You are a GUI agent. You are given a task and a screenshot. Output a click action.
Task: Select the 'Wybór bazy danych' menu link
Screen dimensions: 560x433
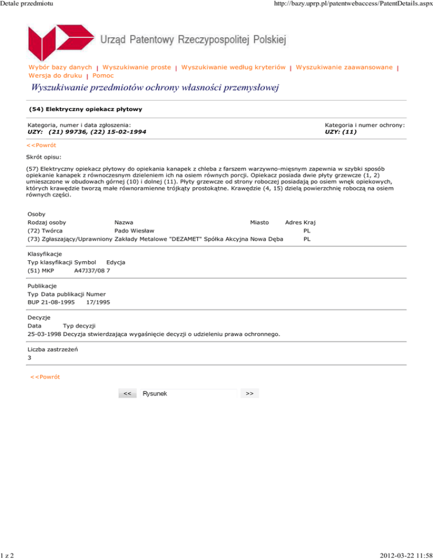pos(60,67)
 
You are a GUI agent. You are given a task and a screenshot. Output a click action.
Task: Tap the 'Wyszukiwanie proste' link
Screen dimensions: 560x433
pos(137,67)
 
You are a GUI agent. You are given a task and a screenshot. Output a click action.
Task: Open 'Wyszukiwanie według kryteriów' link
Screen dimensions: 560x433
pos(233,67)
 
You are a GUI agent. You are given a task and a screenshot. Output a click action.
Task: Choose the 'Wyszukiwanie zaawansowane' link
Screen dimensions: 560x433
pos(344,67)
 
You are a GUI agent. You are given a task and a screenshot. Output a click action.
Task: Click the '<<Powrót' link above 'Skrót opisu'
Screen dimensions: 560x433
pos(42,145)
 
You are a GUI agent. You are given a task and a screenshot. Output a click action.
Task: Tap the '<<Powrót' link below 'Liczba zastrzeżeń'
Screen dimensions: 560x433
pos(45,376)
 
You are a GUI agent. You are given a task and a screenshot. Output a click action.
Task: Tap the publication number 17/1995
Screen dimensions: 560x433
pos(98,303)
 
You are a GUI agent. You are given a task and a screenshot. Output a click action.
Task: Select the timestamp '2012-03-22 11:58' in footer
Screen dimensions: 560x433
pos(401,555)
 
